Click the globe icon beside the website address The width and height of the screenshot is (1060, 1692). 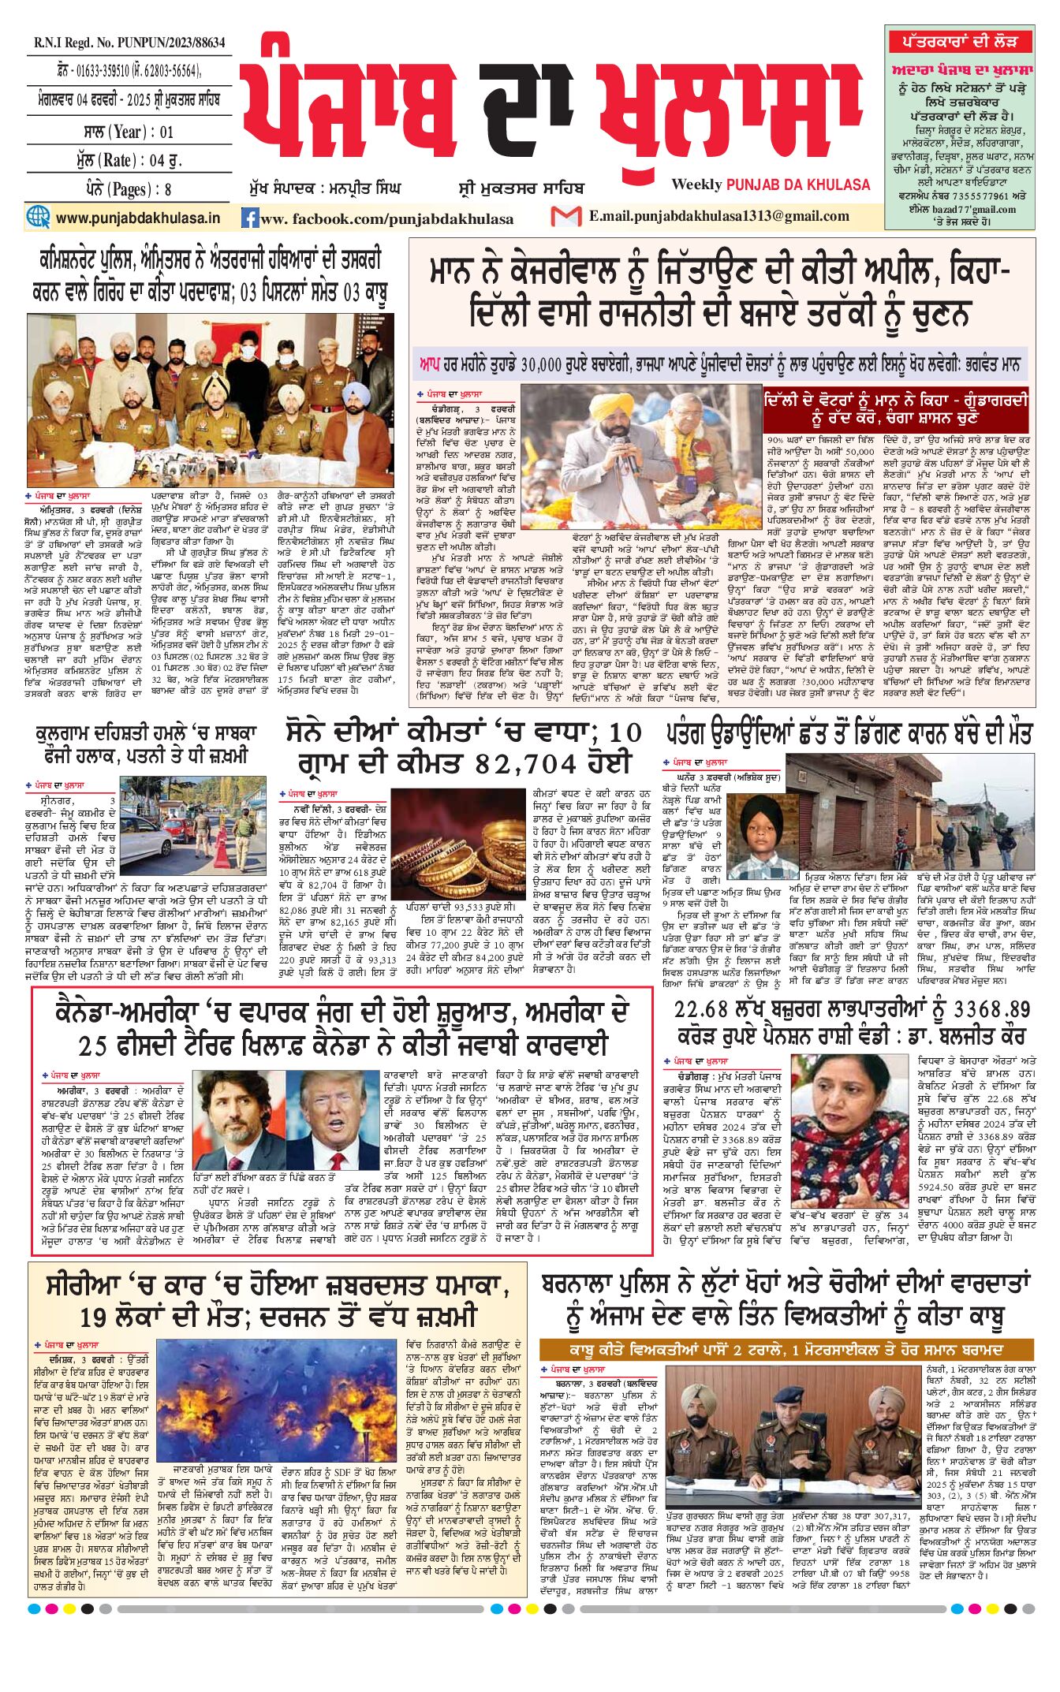point(38,217)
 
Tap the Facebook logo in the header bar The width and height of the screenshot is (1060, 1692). point(250,218)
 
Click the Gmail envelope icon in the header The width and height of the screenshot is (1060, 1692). point(565,216)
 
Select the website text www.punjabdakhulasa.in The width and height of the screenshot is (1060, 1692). point(137,218)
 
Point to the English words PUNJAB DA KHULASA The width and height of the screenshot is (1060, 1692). point(797,184)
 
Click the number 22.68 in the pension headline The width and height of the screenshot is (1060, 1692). point(706,1010)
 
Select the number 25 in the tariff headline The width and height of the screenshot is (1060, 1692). point(92,1045)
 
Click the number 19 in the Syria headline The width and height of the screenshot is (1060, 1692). point(94,1317)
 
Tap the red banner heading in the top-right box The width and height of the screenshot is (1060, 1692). point(959,42)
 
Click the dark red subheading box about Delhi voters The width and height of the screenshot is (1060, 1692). point(895,408)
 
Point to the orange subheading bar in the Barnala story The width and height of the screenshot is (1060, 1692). point(785,1350)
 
